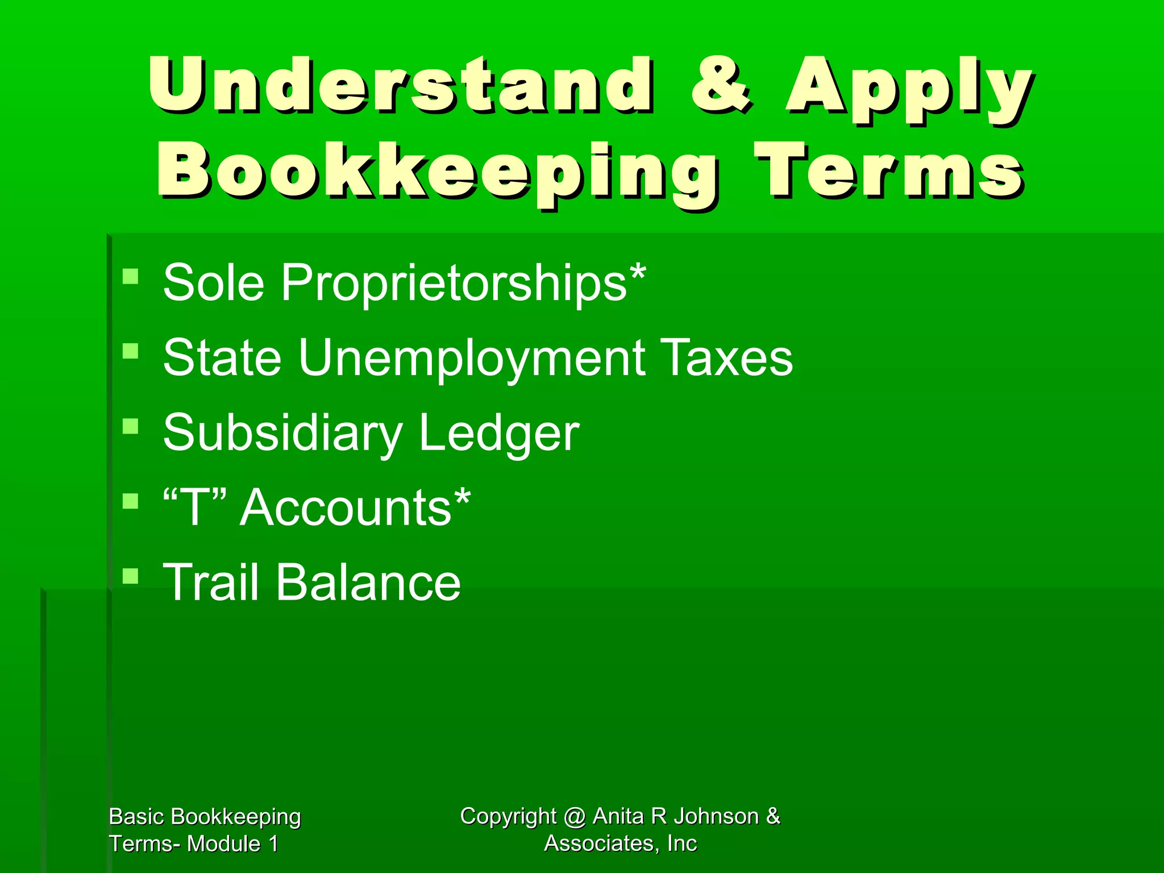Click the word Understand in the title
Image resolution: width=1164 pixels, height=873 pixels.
point(401,85)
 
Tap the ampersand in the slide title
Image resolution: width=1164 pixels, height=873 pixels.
point(721,85)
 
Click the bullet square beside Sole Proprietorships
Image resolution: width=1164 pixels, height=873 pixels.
point(131,276)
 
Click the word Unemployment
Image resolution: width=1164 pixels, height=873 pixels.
point(472,357)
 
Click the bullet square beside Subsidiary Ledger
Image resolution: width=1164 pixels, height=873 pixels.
point(131,426)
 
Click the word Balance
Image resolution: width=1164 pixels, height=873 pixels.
point(368,582)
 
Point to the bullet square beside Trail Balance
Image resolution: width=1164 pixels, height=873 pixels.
point(131,576)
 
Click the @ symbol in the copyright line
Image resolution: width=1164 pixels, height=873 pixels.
point(575,817)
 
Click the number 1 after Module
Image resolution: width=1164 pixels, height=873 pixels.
point(273,844)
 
